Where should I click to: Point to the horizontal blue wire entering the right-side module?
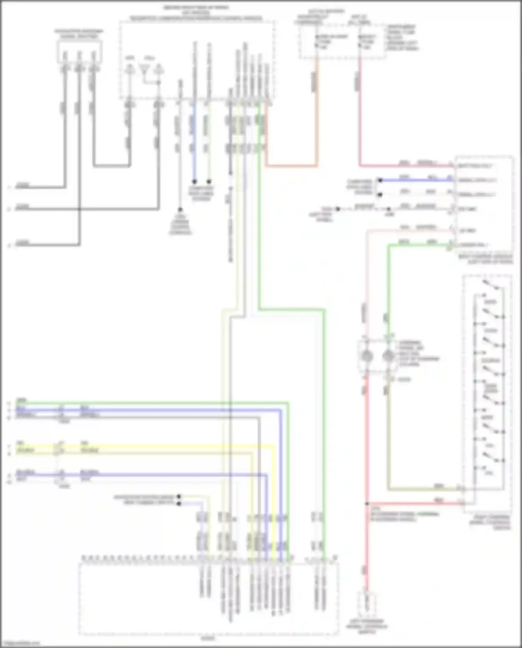pyautogui.click(x=414, y=180)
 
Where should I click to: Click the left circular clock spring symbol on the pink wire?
pyautogui.click(x=367, y=356)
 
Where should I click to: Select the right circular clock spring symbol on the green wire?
pyautogui.click(x=388, y=356)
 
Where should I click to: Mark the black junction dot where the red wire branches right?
pyautogui.click(x=367, y=503)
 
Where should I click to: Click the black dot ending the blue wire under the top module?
pyautogui.click(x=195, y=182)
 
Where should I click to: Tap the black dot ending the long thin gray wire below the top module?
pyautogui.click(x=180, y=210)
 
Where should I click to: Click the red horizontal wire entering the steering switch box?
pyautogui.click(x=414, y=503)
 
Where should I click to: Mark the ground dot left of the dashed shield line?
pyautogui.click(x=337, y=209)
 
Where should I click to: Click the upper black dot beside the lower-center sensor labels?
pyautogui.click(x=179, y=497)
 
